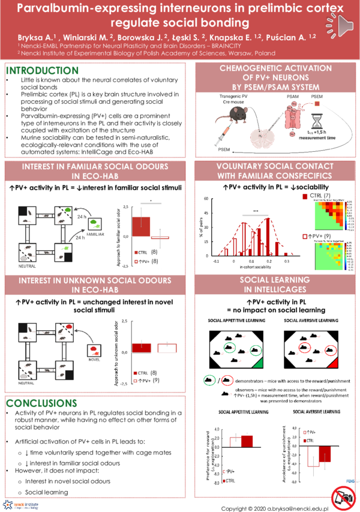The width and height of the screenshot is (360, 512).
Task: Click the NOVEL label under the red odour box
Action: tap(94, 360)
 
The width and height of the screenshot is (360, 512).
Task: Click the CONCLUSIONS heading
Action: tap(40, 403)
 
